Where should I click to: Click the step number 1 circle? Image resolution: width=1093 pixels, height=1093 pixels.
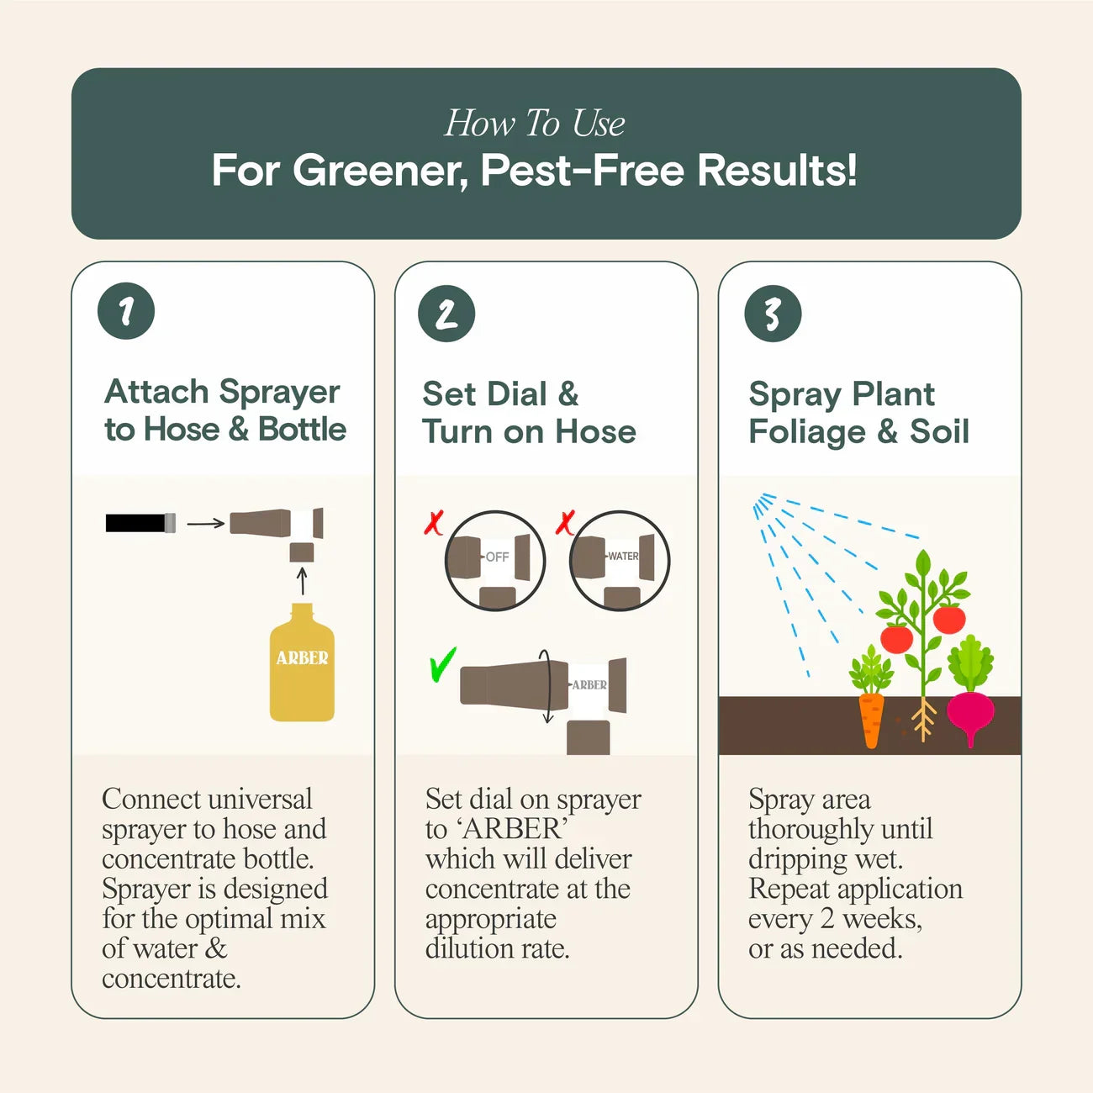(x=126, y=311)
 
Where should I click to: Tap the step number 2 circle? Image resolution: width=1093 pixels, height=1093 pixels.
(x=446, y=314)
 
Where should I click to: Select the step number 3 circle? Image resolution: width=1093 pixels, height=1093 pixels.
(x=773, y=314)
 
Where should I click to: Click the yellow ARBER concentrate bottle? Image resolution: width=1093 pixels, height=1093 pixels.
(x=302, y=668)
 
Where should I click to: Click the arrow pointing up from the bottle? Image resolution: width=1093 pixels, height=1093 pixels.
(x=302, y=581)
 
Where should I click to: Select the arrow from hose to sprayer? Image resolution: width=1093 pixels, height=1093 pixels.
(x=205, y=523)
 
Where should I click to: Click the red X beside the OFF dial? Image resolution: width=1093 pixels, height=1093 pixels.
(x=433, y=523)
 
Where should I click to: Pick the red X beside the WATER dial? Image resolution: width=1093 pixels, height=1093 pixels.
(x=565, y=523)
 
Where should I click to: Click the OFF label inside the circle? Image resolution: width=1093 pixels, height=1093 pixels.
(x=497, y=557)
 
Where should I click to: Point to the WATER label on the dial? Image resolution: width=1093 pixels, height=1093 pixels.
(x=623, y=557)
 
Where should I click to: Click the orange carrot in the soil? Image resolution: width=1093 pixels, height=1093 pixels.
(x=872, y=719)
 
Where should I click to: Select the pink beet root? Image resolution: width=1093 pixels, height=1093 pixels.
(x=970, y=715)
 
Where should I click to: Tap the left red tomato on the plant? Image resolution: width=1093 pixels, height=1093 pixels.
(x=896, y=638)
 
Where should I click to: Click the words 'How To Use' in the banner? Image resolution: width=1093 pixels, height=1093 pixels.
(x=535, y=124)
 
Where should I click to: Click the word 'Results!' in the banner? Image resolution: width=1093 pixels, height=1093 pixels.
(x=777, y=171)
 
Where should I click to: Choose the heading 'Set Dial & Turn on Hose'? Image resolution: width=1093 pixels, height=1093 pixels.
(x=529, y=413)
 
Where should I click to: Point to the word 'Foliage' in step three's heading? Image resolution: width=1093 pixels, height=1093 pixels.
(x=806, y=432)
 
